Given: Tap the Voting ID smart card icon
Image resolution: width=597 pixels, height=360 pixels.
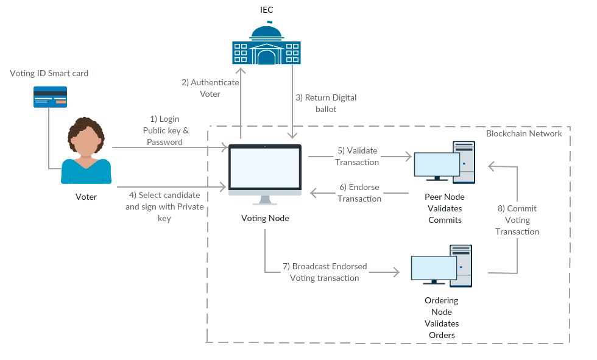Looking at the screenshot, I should tap(50, 96).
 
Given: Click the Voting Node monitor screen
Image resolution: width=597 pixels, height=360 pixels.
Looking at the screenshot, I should tap(264, 168).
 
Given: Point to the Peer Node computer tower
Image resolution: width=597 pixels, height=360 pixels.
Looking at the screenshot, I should tap(464, 162).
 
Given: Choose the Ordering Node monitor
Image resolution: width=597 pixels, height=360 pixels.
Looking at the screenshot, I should tap(434, 267).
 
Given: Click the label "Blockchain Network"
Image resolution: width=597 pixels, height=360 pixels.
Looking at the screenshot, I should tap(524, 133).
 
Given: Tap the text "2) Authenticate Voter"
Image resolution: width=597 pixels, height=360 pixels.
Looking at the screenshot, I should tap(210, 88).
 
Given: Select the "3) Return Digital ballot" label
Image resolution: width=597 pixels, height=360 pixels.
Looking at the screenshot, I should tap(326, 103).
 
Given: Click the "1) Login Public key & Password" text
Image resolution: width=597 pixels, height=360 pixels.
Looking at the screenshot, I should tap(165, 130).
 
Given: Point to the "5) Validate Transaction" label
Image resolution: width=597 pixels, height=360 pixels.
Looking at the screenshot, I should tap(358, 156).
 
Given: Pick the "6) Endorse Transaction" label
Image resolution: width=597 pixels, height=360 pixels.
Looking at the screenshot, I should tap(359, 192).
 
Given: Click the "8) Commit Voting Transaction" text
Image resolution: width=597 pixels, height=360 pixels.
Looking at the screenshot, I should tap(517, 220).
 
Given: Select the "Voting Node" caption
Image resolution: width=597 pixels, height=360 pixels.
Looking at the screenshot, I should tap(265, 219).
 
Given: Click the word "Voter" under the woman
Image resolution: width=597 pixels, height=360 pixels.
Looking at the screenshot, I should tap(86, 197).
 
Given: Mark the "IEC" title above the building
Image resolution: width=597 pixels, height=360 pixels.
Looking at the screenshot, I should tap(266, 10).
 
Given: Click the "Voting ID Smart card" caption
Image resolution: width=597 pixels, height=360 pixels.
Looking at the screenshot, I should tap(49, 73).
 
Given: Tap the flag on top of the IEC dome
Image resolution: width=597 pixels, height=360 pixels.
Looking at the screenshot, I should tap(269, 23).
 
